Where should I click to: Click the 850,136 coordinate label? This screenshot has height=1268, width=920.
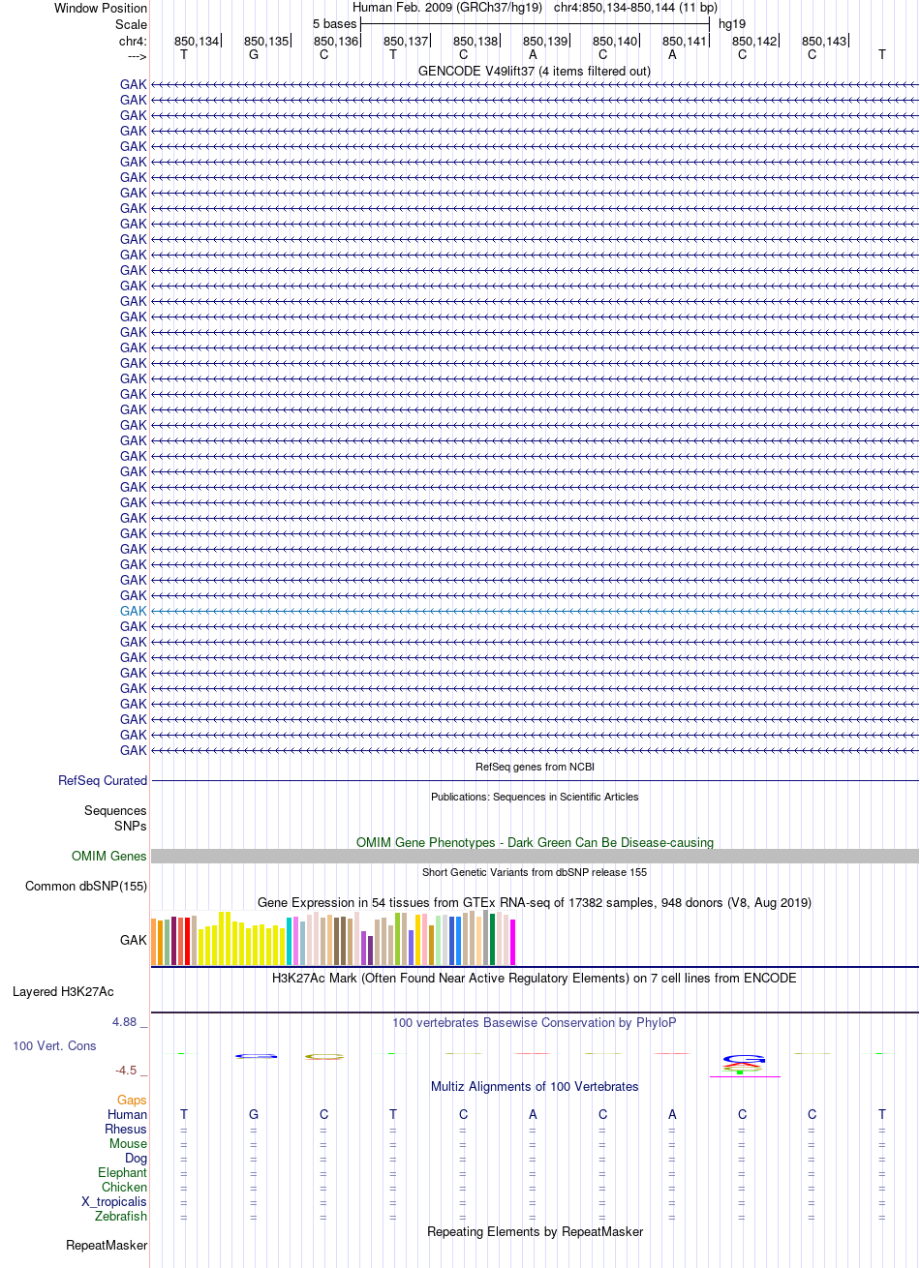tap(336, 42)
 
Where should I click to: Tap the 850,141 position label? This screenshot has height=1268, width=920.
tap(685, 42)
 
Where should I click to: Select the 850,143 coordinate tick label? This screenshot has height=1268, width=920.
tap(824, 42)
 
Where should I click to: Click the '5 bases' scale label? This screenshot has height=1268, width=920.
tap(334, 24)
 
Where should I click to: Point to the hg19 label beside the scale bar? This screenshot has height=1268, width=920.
tap(732, 24)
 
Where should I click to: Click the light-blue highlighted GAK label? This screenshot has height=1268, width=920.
tap(133, 611)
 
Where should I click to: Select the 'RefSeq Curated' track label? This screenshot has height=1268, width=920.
tap(103, 780)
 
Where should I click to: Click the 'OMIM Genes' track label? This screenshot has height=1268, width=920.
tap(108, 856)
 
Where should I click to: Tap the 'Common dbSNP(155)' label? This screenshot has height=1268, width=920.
tap(86, 886)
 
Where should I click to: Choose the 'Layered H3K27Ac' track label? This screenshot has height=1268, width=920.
tap(63, 992)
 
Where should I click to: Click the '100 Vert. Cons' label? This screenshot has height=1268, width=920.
tap(54, 1045)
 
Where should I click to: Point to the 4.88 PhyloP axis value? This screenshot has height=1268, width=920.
tap(124, 1022)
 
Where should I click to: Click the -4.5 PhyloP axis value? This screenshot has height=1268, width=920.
tap(126, 1070)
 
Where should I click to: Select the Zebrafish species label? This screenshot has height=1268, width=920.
tap(121, 1216)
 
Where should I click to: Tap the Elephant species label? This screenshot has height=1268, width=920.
tap(122, 1172)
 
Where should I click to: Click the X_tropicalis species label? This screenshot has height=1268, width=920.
tap(114, 1201)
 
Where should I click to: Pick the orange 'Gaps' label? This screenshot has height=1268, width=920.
tap(132, 1100)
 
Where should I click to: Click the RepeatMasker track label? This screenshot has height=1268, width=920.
tap(107, 1246)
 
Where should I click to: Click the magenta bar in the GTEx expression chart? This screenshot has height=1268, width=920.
tap(512, 942)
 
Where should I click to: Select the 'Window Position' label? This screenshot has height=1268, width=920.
tap(101, 8)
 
